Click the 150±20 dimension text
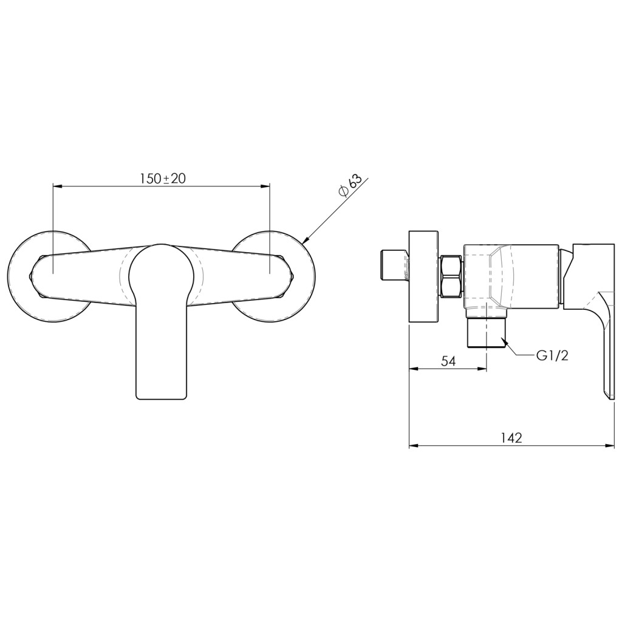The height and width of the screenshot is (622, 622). point(162,179)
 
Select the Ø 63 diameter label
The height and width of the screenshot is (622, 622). point(350,186)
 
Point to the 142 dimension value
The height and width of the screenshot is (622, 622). point(511,438)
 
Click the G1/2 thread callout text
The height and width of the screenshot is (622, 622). point(553,356)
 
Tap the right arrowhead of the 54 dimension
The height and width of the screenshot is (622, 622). point(482,369)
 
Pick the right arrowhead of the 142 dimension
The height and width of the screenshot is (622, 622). point(609,446)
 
